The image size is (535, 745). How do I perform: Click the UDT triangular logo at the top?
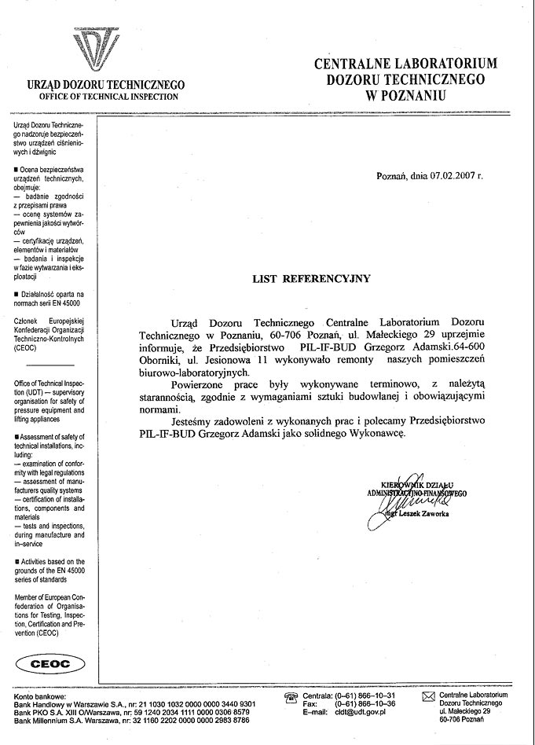[104, 46]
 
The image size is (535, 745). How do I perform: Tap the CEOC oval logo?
[49, 664]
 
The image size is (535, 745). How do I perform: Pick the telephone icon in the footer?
[291, 697]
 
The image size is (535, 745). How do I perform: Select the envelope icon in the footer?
[428, 697]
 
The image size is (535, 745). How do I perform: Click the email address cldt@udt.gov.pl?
[362, 711]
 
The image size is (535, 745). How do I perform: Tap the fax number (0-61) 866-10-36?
[365, 703]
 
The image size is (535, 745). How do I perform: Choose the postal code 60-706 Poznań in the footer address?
[462, 719]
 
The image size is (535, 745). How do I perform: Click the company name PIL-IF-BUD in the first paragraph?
[324, 346]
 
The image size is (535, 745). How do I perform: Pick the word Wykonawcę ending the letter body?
[378, 432]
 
